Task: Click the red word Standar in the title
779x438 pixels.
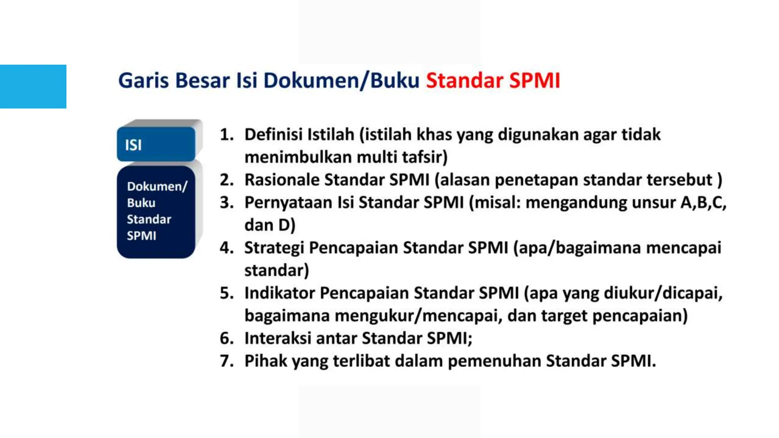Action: (464, 81)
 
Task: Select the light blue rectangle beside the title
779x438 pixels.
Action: (33, 87)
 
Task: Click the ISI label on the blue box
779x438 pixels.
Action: (134, 145)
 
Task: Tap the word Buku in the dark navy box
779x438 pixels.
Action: (141, 203)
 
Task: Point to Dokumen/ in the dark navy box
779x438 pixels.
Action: (157, 186)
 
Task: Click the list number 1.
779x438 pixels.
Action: (227, 135)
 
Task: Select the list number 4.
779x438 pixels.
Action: (227, 248)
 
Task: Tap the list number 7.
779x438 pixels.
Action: (227, 361)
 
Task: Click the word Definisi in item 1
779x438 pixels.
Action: (273, 135)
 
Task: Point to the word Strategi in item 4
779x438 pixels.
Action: (274, 248)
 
